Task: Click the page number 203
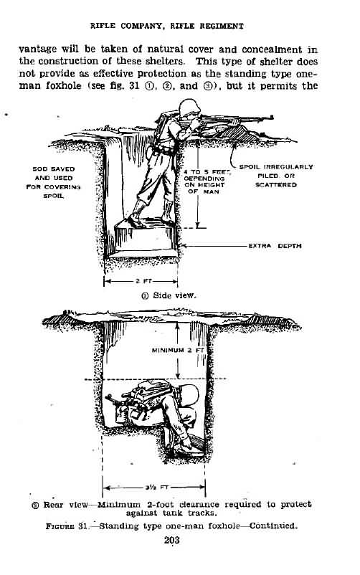click(171, 540)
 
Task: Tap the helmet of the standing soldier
click(190, 107)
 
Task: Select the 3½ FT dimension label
click(153, 488)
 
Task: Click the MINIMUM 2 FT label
click(178, 350)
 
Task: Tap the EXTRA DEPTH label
click(275, 246)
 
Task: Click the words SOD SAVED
click(54, 169)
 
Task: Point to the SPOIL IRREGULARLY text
click(276, 167)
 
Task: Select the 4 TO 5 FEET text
click(207, 171)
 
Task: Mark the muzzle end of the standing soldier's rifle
click(272, 118)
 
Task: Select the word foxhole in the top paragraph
click(64, 86)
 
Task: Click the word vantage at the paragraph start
click(38, 49)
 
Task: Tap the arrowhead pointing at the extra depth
click(184, 246)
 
